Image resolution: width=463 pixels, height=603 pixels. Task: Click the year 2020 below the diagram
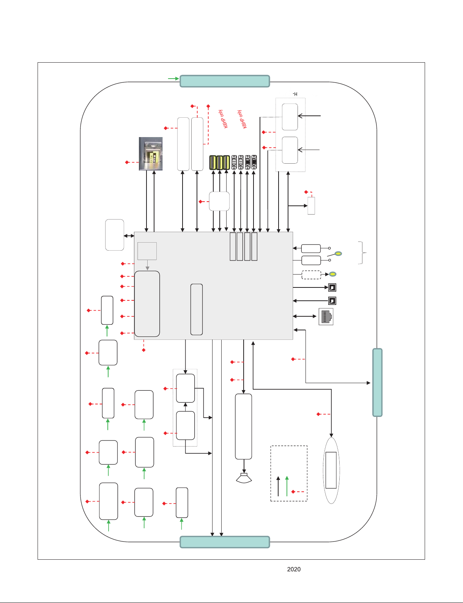294,569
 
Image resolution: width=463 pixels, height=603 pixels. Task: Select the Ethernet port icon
326,317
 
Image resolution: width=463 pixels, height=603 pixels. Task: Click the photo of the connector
151,154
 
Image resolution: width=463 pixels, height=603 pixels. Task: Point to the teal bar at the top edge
225,81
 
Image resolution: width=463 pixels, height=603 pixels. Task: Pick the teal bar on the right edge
377,382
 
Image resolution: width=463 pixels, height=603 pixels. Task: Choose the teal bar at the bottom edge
225,542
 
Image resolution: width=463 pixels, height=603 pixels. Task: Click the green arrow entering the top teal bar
173,79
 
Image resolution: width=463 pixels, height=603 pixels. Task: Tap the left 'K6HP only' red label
223,119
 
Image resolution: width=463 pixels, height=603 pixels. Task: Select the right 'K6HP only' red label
242,119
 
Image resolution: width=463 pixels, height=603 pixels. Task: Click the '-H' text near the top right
295,94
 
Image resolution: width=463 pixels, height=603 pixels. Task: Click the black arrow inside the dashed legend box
278,486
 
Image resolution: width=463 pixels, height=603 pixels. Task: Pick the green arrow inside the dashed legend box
287,486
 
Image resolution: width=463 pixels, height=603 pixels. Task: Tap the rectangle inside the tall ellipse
331,470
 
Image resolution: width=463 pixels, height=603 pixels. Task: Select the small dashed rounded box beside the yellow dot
311,275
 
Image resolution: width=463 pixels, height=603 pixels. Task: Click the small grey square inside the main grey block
147,251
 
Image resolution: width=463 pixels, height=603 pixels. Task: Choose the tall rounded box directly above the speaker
243,426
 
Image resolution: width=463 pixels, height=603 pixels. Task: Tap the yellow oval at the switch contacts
338,253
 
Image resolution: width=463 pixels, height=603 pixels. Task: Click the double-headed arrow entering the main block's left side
129,236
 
